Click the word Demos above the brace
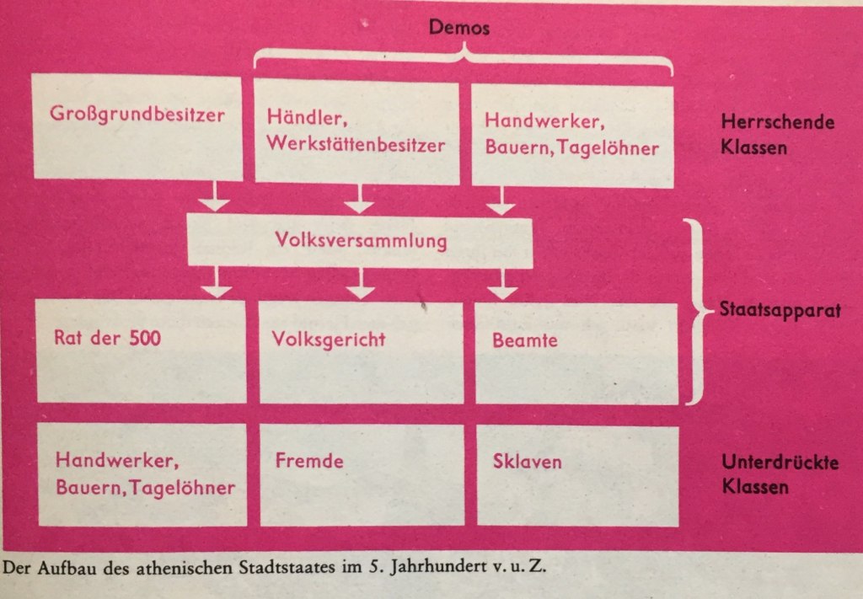(459, 28)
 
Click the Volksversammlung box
(359, 241)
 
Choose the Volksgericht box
(361, 352)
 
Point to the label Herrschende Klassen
(777, 133)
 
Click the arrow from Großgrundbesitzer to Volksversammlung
(216, 198)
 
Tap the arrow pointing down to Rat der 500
(217, 283)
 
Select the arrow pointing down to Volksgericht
(361, 283)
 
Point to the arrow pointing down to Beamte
(503, 283)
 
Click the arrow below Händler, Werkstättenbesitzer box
(361, 199)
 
